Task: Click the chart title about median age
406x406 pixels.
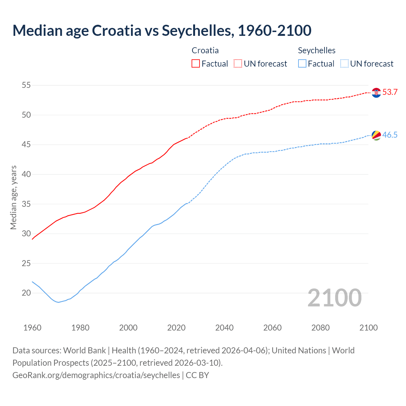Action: pyautogui.click(x=162, y=30)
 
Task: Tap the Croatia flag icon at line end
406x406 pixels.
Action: pyautogui.click(x=376, y=93)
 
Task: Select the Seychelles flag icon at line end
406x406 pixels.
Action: pyautogui.click(x=376, y=135)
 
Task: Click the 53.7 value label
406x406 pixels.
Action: pyautogui.click(x=390, y=92)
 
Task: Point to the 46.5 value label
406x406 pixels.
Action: pyautogui.click(x=390, y=135)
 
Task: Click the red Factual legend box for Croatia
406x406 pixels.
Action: pyautogui.click(x=196, y=64)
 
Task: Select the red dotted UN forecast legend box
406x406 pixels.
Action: pyautogui.click(x=238, y=64)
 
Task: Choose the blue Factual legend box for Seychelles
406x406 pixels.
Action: pyautogui.click(x=302, y=64)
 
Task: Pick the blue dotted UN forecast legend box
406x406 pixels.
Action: pyautogui.click(x=344, y=64)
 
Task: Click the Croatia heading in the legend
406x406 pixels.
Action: pyautogui.click(x=205, y=50)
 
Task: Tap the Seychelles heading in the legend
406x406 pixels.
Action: pyautogui.click(x=317, y=50)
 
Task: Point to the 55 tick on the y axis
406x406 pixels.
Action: pyautogui.click(x=26, y=85)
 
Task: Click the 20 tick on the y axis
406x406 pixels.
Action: pyautogui.click(x=26, y=293)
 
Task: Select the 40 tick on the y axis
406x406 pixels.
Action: pyautogui.click(x=26, y=174)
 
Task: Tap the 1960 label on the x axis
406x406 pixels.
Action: pyautogui.click(x=32, y=328)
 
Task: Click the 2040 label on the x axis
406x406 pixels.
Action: pyautogui.click(x=224, y=328)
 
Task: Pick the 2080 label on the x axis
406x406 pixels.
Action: pyautogui.click(x=320, y=328)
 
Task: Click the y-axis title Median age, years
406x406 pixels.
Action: pyautogui.click(x=13, y=197)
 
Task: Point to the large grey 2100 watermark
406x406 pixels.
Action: pyautogui.click(x=335, y=298)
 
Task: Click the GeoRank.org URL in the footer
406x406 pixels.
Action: pyautogui.click(x=96, y=375)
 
